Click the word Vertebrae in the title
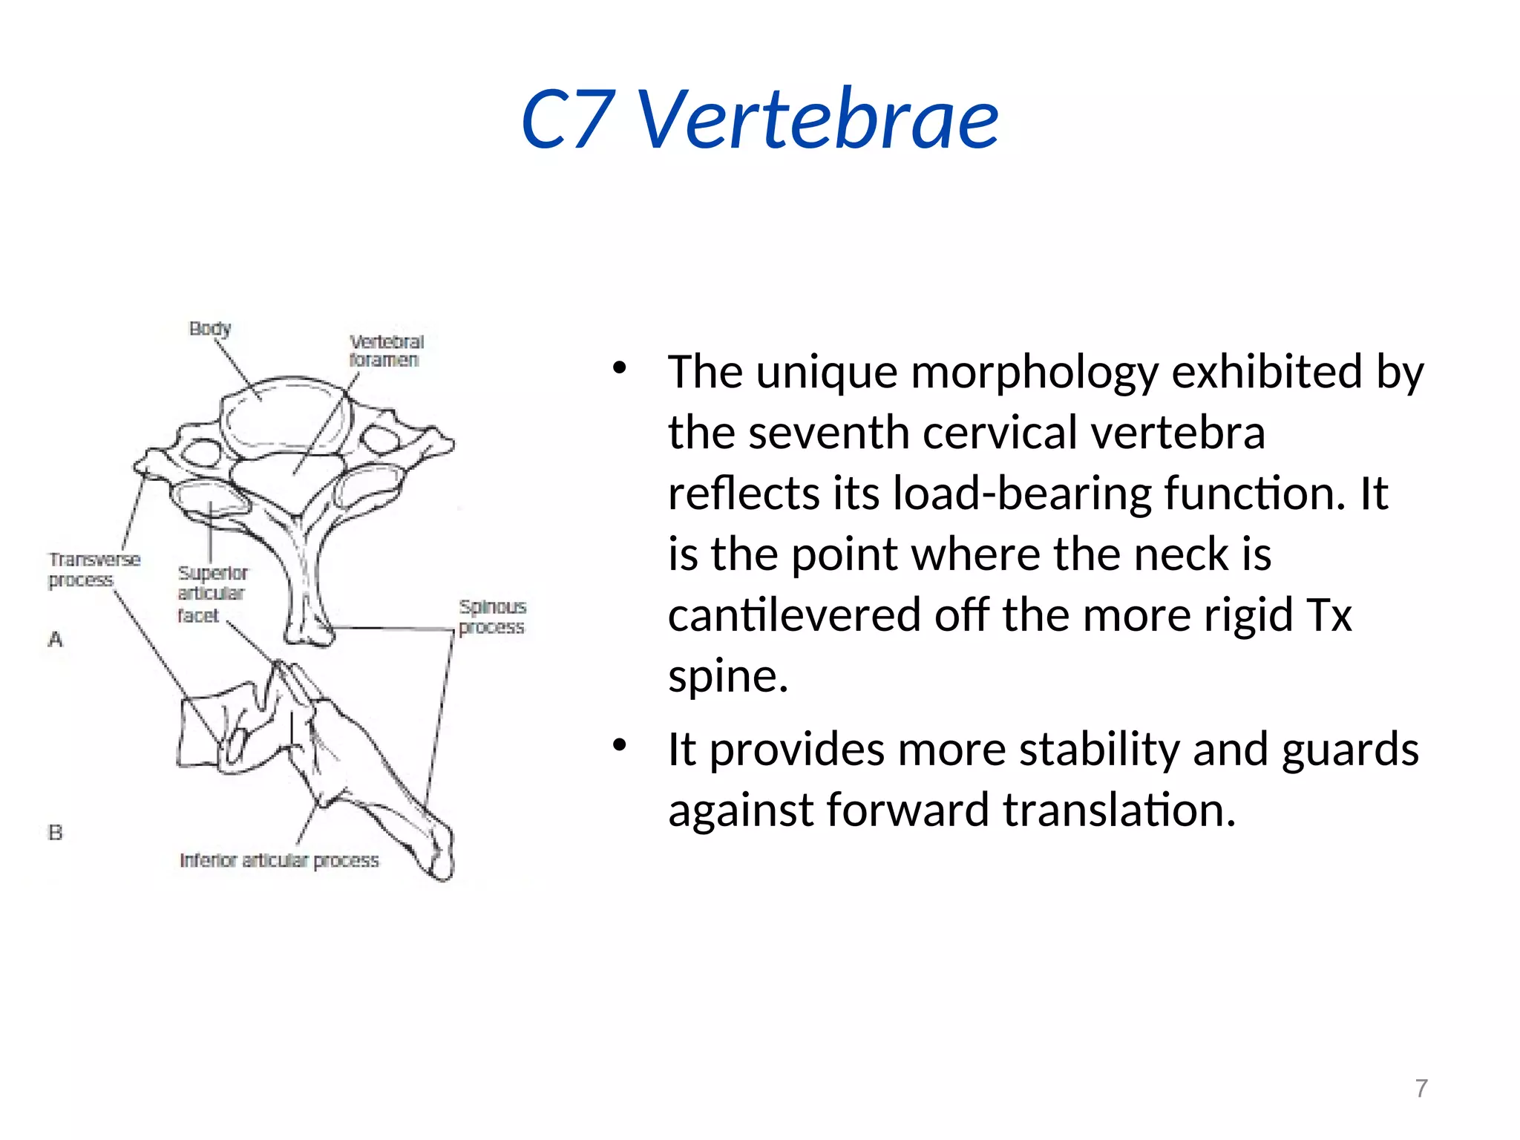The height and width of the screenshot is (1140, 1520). pyautogui.click(x=818, y=119)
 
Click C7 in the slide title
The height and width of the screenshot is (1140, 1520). pyautogui.click(x=568, y=119)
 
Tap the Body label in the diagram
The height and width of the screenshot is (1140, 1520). pyautogui.click(x=210, y=328)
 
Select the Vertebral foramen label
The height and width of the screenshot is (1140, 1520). pyautogui.click(x=386, y=350)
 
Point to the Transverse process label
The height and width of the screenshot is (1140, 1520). pyautogui.click(x=94, y=569)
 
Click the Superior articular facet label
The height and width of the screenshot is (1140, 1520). pyautogui.click(x=212, y=594)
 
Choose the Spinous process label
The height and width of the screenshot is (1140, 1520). pyautogui.click(x=492, y=617)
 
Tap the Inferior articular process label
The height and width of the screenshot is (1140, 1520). pyautogui.click(x=279, y=860)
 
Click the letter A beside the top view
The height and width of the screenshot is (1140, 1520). pyautogui.click(x=56, y=639)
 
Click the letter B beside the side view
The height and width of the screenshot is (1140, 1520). pyautogui.click(x=56, y=833)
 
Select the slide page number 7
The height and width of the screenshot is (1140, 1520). pyautogui.click(x=1421, y=1088)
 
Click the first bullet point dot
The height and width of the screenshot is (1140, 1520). pyautogui.click(x=620, y=368)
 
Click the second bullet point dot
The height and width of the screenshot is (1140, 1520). pyautogui.click(x=620, y=745)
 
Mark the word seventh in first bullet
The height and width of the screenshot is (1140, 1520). pyautogui.click(x=828, y=433)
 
